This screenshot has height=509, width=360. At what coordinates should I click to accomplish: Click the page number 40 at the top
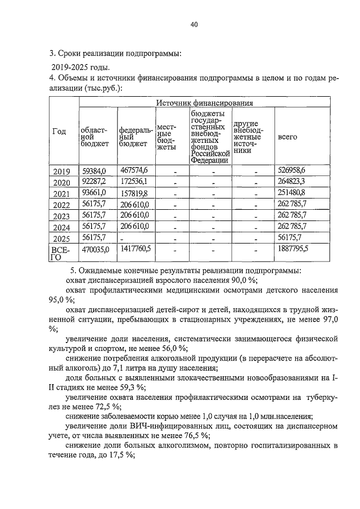pos(194,25)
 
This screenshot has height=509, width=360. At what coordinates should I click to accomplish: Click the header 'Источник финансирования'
pos(204,103)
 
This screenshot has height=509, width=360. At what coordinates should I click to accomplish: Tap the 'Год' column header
pos(59,132)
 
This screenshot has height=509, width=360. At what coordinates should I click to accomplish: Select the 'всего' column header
pos(288,137)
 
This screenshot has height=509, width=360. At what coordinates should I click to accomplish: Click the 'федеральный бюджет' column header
pos(135,137)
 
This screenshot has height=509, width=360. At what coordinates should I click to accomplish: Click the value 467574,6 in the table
pos(134,170)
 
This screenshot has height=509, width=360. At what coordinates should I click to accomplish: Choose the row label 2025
pos(62,238)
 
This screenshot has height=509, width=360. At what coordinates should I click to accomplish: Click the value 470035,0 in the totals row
pos(94,248)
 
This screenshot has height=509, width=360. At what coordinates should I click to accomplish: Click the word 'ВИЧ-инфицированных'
pos(148,426)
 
